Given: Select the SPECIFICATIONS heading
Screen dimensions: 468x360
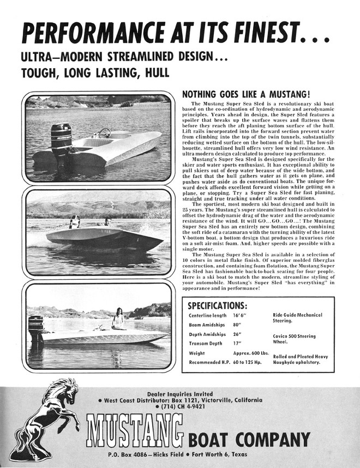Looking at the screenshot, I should pos(217,305).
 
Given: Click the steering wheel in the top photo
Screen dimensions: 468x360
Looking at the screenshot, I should pos(104,133).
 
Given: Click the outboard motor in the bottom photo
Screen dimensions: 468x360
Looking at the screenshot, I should pos(36,328).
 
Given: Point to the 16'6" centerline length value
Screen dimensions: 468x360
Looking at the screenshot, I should pos(241,316).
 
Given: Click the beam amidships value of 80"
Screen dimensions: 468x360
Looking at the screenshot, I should pos(237,325).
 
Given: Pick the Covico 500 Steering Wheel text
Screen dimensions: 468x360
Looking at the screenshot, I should pos(294,339).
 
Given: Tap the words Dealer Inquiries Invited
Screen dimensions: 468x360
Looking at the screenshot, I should pos(180,394).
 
